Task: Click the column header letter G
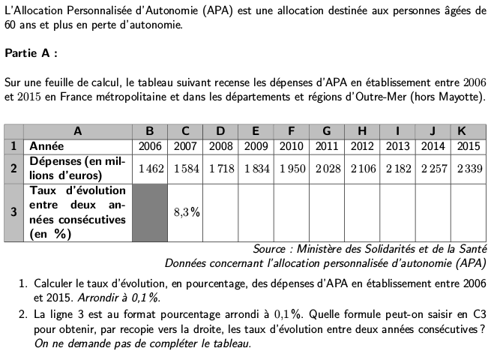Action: click(x=327, y=130)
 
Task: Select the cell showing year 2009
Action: click(x=256, y=145)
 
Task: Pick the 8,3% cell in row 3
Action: click(x=186, y=212)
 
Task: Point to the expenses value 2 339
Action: click(x=469, y=169)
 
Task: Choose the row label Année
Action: click(x=46, y=145)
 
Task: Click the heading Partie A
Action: click(x=31, y=53)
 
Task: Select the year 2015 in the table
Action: click(x=469, y=145)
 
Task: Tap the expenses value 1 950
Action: click(x=292, y=169)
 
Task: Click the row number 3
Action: click(x=13, y=212)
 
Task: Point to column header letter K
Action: click(x=461, y=130)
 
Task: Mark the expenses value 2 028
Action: click(x=327, y=169)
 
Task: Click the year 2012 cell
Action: click(x=362, y=145)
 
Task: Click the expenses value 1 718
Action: click(x=221, y=169)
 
